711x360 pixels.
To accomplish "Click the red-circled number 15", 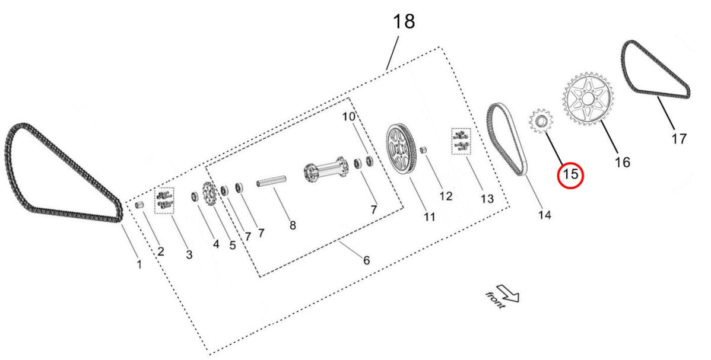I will point(570,174).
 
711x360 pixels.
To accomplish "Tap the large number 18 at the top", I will point(403,21).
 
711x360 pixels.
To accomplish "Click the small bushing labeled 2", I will point(141,205).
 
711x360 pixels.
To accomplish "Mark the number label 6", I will point(366,260).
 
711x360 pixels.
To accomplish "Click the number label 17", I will point(679,139).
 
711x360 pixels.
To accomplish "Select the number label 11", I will point(429,216).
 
